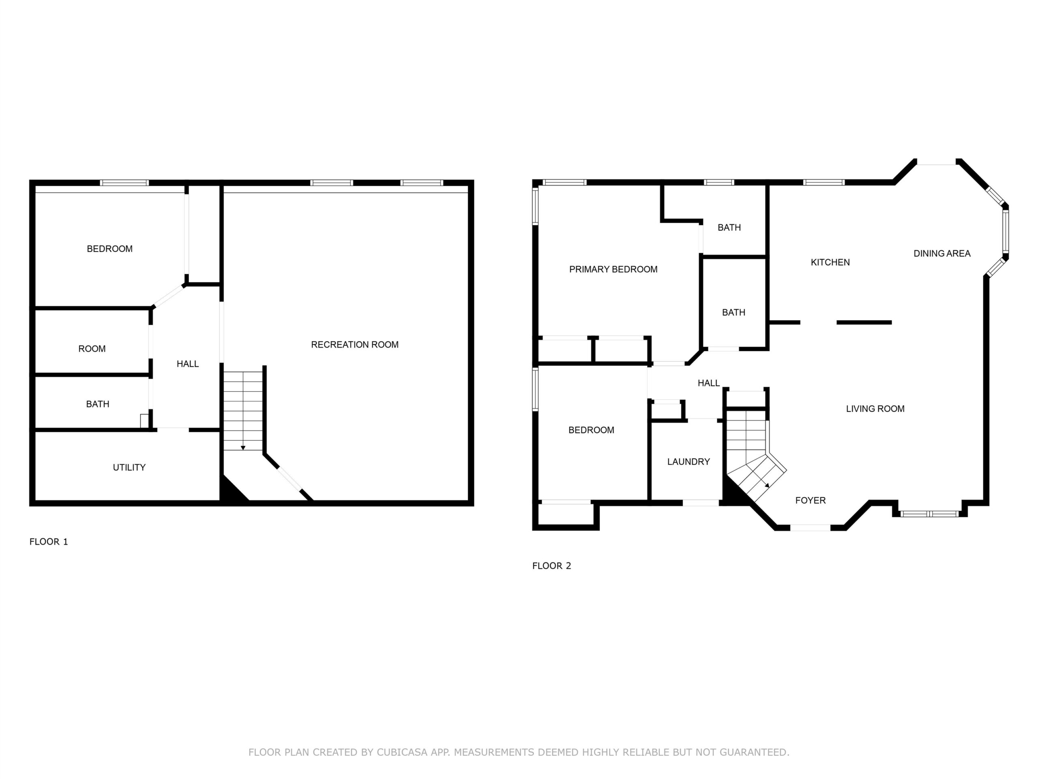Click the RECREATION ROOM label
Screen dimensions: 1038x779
click(355, 344)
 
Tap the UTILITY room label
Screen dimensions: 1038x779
click(129, 467)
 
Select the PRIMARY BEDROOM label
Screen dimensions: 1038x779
click(613, 269)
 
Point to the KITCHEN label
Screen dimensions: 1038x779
click(830, 263)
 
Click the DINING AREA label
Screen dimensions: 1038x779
click(942, 254)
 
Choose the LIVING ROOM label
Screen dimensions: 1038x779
click(875, 409)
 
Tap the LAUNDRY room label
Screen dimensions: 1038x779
click(688, 462)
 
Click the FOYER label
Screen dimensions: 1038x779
click(811, 501)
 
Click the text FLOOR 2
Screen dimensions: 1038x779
click(552, 566)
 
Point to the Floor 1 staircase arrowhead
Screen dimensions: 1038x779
click(243, 448)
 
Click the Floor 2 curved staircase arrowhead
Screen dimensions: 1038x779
click(767, 486)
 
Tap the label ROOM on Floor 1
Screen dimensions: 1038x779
click(92, 349)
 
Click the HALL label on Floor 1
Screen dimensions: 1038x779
click(188, 364)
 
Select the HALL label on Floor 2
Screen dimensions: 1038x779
click(709, 383)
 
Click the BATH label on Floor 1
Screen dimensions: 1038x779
click(98, 404)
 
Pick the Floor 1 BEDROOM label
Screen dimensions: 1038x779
click(110, 249)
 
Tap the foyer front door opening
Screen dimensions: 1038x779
click(811, 528)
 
